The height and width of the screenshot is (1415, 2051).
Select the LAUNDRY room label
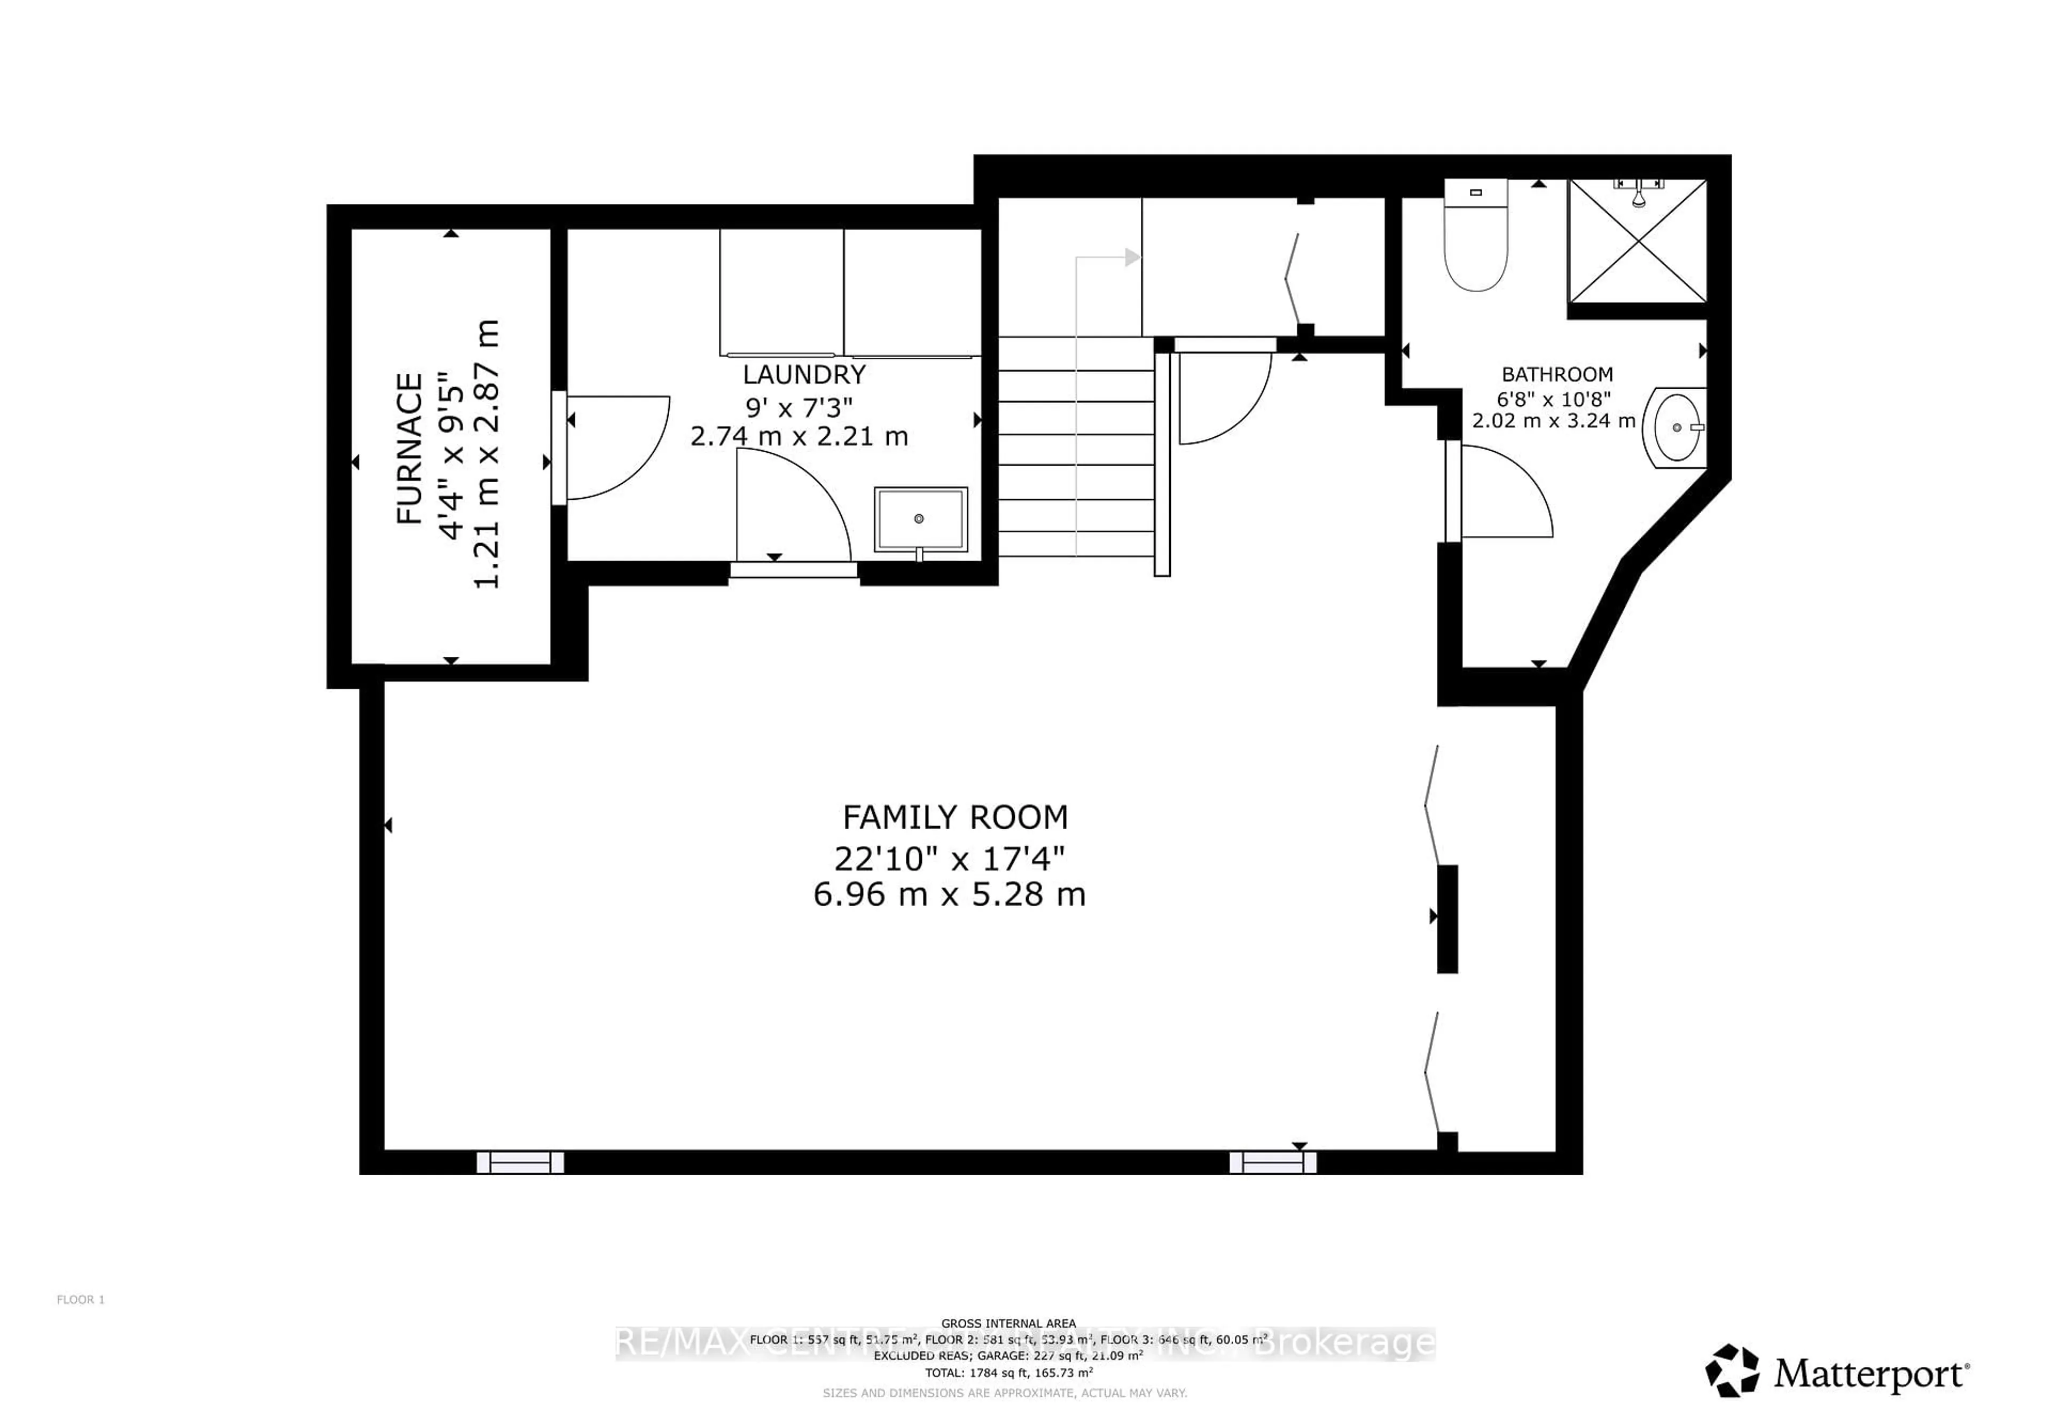pos(803,375)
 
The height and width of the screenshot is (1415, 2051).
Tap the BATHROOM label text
pos(1556,374)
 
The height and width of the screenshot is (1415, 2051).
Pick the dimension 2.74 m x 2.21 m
pos(799,436)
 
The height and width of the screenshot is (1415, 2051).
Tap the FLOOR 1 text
pos(81,1300)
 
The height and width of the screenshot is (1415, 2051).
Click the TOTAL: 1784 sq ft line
pos(1008,1372)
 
